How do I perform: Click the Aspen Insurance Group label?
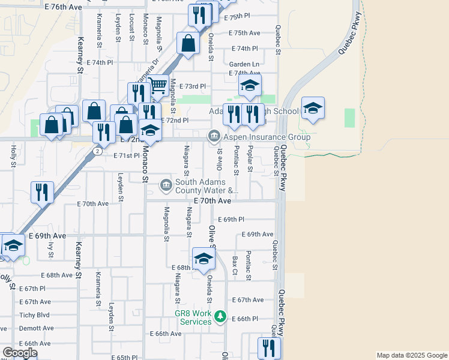tap(267, 137)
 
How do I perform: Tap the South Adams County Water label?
tap(201, 187)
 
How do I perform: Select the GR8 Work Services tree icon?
tap(220, 316)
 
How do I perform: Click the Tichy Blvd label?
tap(34, 315)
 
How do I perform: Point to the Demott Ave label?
tap(35, 329)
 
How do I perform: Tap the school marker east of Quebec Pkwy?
tap(312, 109)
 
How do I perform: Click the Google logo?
tap(20, 353)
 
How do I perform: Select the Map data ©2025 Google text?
tap(412, 355)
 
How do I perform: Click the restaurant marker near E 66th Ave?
tap(269, 347)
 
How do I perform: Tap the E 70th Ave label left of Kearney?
tap(93, 204)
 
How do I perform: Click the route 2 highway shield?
tap(96, 151)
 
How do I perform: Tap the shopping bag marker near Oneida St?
tap(188, 43)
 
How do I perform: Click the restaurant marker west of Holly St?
tap(42, 193)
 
